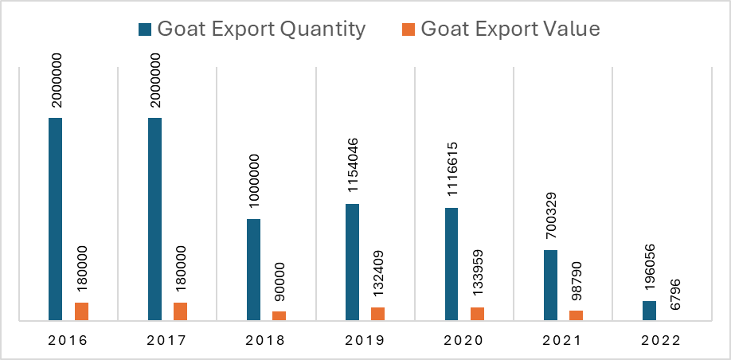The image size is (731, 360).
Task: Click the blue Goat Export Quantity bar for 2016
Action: click(x=56, y=219)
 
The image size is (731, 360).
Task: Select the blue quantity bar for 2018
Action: click(x=253, y=269)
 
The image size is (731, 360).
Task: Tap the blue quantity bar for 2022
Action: click(x=649, y=311)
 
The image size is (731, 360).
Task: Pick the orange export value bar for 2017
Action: click(x=181, y=311)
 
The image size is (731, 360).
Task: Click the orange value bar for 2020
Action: click(x=478, y=314)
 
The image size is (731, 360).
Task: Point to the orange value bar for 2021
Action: click(x=577, y=315)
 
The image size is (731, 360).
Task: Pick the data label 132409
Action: click(x=378, y=272)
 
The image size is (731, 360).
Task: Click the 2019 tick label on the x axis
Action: click(x=365, y=340)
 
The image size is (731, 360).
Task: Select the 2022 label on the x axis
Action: click(x=661, y=340)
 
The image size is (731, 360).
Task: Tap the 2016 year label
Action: click(x=68, y=340)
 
